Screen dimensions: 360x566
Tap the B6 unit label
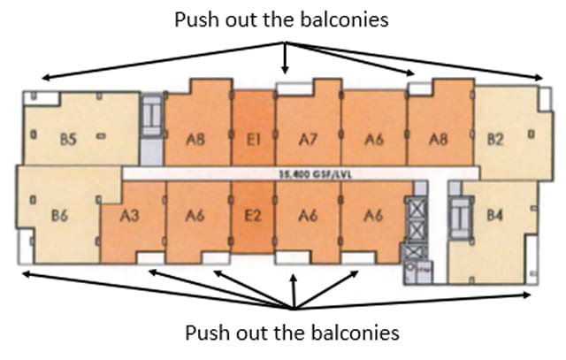point(60,214)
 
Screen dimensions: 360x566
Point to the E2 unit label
point(252,214)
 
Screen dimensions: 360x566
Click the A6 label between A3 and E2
point(196,214)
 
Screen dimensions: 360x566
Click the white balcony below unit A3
point(149,257)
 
